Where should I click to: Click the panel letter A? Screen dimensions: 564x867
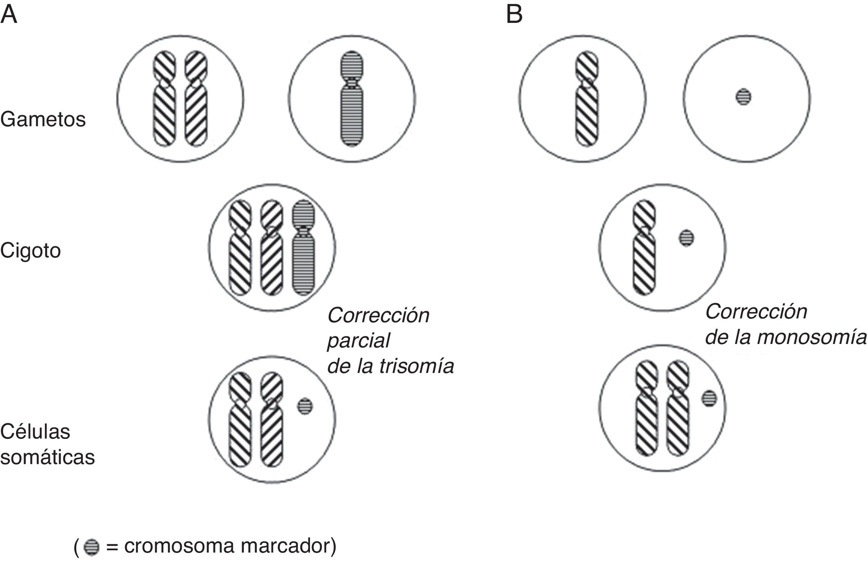(x=9, y=15)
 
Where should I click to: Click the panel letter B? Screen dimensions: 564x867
(x=514, y=15)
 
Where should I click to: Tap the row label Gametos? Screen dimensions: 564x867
(x=43, y=119)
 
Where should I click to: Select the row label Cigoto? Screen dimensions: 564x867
(x=31, y=251)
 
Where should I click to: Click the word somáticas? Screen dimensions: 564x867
(x=47, y=457)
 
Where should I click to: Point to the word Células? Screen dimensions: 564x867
(x=35, y=432)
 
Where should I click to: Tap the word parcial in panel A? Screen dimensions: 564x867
(x=358, y=340)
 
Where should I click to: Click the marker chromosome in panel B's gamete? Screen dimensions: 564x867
(x=743, y=97)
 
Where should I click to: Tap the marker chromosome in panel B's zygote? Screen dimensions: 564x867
(x=686, y=238)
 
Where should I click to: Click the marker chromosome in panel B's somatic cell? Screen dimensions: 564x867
(x=709, y=398)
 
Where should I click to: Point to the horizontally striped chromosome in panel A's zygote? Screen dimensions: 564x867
(x=303, y=248)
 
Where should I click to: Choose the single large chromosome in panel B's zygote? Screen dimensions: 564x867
(x=644, y=248)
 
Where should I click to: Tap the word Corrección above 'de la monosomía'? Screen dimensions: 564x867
(x=756, y=312)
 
